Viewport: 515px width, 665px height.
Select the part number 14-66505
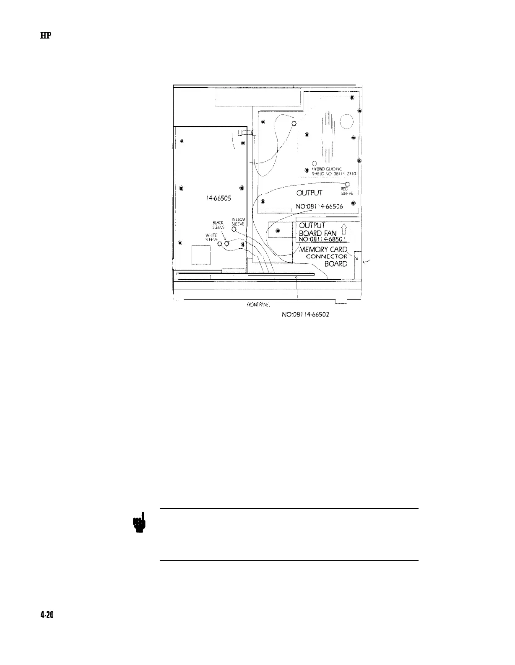[x=214, y=199]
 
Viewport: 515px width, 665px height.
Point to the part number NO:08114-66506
[x=319, y=206]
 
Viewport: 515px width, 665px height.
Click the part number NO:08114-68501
[x=323, y=239]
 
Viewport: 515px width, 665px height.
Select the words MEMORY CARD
[x=323, y=250]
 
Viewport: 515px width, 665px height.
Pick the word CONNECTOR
[x=327, y=256]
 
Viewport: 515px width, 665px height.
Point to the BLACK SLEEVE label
[x=218, y=225]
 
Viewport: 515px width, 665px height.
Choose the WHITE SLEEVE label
[x=211, y=237]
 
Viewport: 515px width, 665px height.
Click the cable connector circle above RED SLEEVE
[x=348, y=184]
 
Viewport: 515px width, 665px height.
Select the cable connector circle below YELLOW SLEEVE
[x=234, y=229]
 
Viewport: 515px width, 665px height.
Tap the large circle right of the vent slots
[x=347, y=121]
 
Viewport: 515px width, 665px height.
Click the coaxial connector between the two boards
[x=246, y=133]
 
